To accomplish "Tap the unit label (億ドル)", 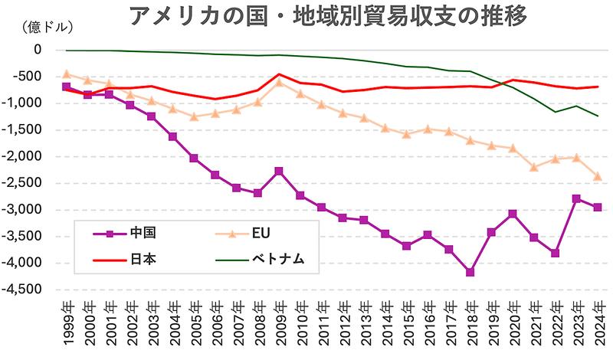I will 48,28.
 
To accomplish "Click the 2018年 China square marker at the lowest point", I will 470,272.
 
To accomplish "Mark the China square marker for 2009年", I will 279,171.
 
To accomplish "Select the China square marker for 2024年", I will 597,207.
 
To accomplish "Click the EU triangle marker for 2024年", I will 597,176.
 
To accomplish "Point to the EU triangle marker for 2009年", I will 279,82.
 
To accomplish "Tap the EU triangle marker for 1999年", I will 67,74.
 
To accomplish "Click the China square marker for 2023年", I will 576,198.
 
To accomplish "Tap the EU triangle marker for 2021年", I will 533,167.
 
